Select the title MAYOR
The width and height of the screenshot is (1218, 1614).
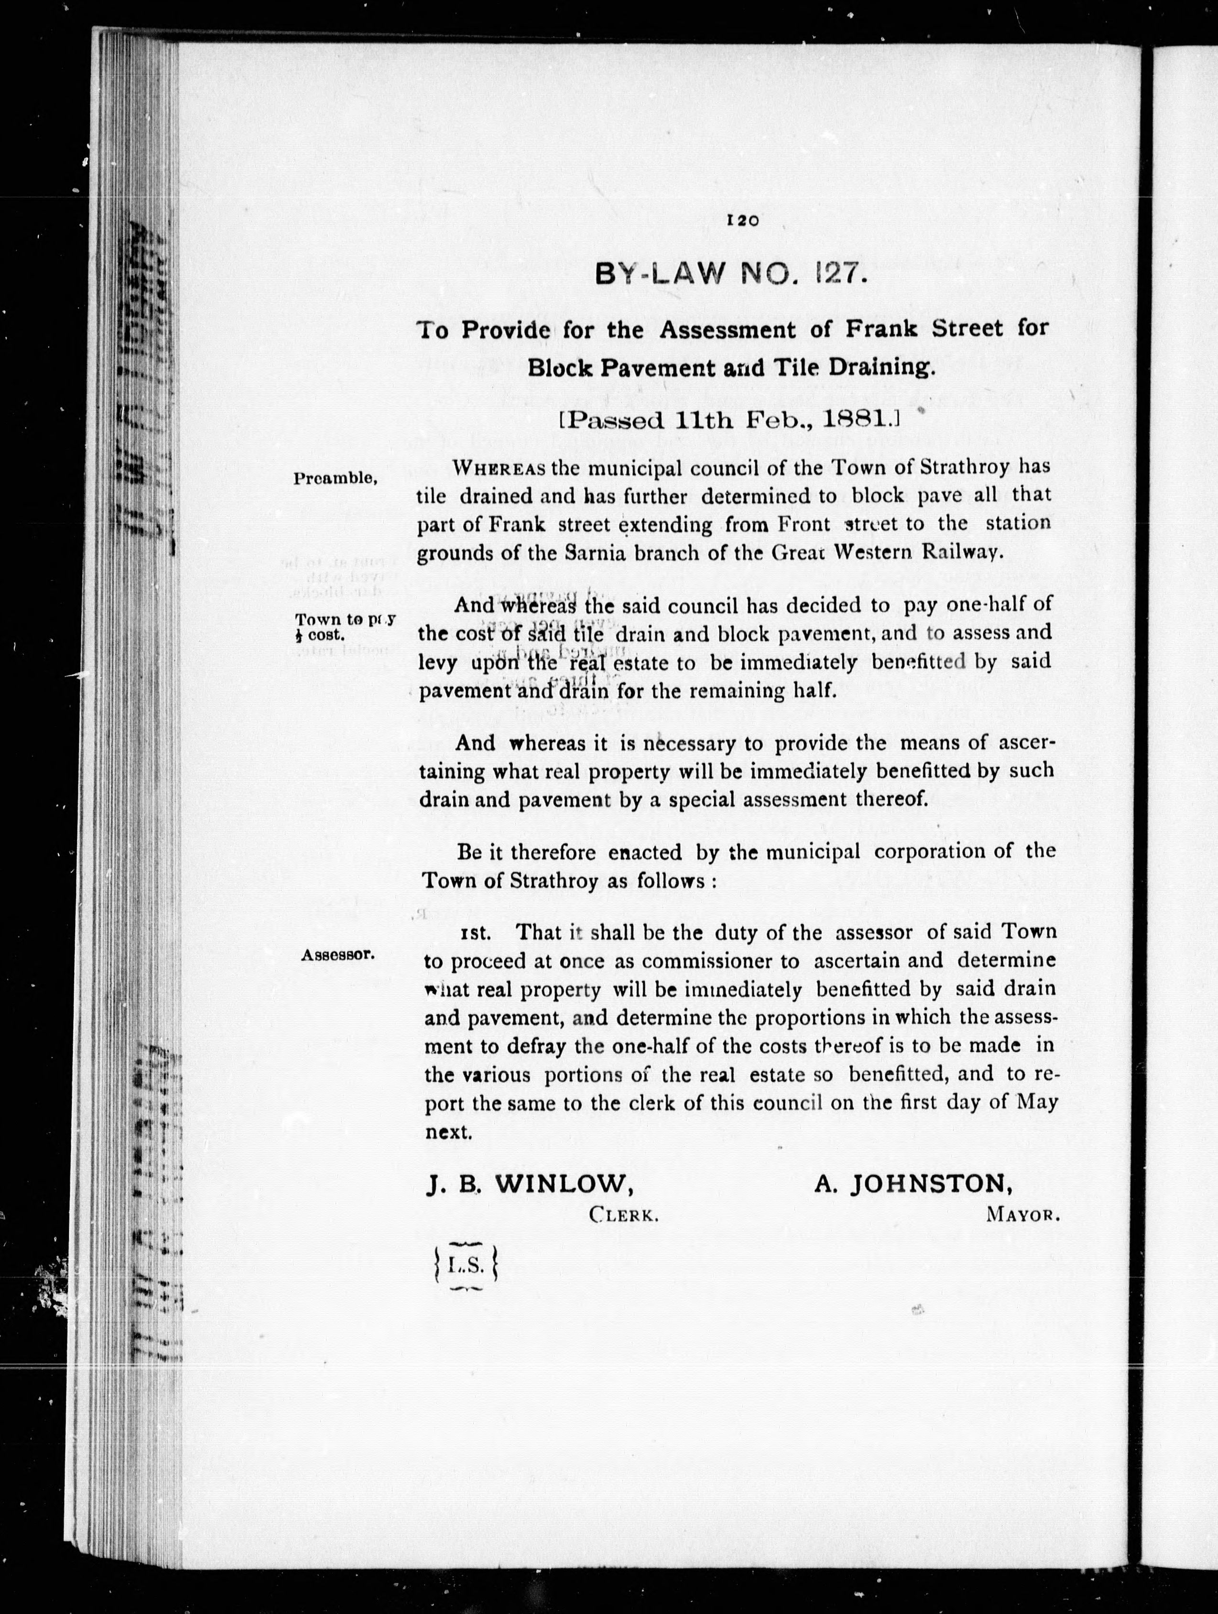pos(1022,1216)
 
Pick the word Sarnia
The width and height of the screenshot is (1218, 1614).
pos(597,552)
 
